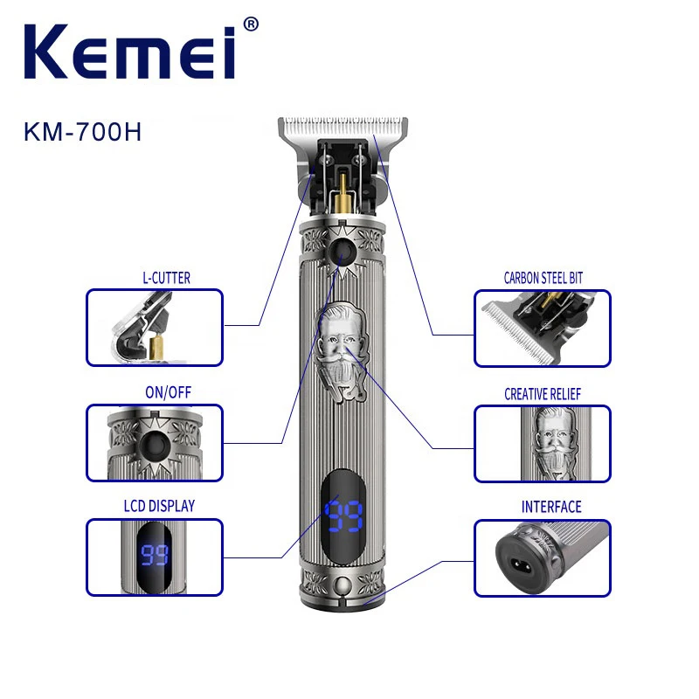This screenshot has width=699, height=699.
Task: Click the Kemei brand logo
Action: pyautogui.click(x=129, y=52)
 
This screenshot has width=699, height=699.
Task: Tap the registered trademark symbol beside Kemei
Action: pyautogui.click(x=251, y=24)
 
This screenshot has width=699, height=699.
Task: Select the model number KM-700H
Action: pyautogui.click(x=82, y=132)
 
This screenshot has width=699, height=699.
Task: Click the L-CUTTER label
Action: pyautogui.click(x=166, y=278)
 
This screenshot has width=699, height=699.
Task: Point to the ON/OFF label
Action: pyautogui.click(x=168, y=392)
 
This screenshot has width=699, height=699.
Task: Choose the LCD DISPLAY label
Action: pyautogui.click(x=159, y=506)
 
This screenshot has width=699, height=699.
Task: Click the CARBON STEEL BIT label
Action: pyautogui.click(x=543, y=278)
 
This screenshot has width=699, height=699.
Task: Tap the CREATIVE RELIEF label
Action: pyautogui.click(x=543, y=394)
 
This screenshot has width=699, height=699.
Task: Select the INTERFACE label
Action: pyautogui.click(x=551, y=507)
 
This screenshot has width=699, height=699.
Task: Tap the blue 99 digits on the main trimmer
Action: pyautogui.click(x=343, y=516)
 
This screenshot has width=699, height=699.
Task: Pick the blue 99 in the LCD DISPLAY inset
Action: pyautogui.click(x=155, y=555)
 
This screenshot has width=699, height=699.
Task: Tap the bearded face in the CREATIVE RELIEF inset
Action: pyautogui.click(x=553, y=443)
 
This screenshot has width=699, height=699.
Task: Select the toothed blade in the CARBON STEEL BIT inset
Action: pyautogui.click(x=519, y=332)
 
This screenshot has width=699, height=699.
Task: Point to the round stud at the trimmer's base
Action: pyautogui.click(x=343, y=584)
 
